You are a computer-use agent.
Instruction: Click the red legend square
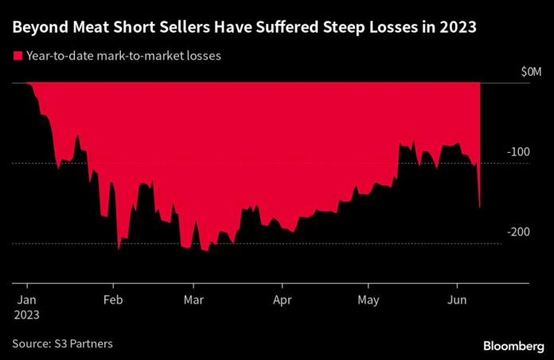(x=16, y=57)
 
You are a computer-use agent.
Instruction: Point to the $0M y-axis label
(x=530, y=73)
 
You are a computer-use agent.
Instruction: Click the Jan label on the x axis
(x=27, y=300)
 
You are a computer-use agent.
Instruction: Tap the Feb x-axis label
(x=113, y=300)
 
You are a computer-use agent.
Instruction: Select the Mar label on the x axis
(x=193, y=300)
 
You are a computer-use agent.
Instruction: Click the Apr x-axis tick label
(x=281, y=300)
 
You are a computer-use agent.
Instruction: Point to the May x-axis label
(x=367, y=300)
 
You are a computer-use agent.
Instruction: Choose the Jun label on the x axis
(x=456, y=300)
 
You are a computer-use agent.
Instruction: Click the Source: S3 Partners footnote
(x=62, y=343)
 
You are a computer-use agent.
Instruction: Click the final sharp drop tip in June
(x=479, y=207)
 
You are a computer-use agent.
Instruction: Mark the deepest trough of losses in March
(x=205, y=251)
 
